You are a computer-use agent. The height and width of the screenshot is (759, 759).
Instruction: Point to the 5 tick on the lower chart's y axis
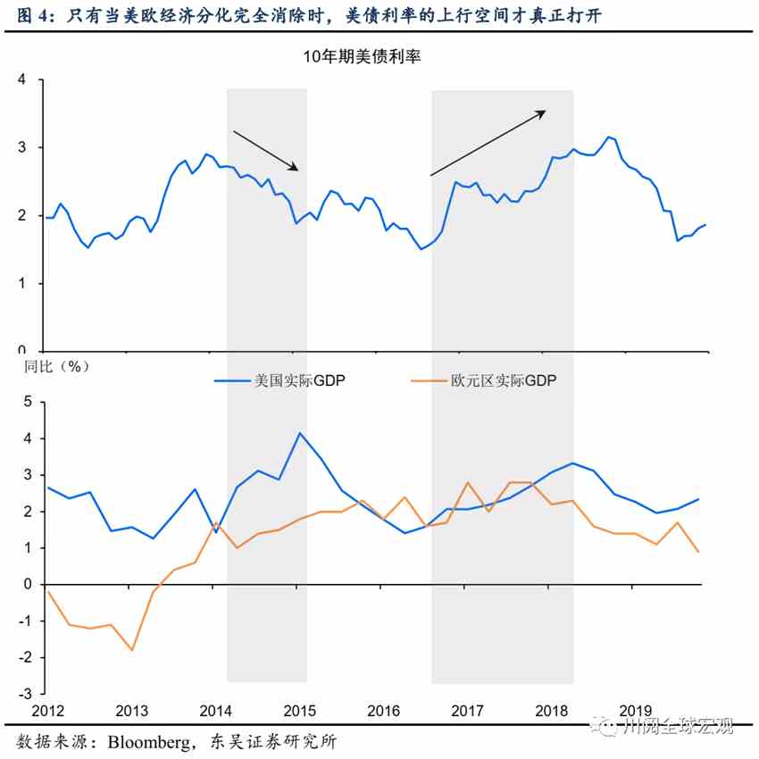(27, 402)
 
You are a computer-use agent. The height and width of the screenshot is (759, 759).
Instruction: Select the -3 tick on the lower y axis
(24, 694)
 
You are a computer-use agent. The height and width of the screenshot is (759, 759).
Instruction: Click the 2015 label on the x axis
(300, 711)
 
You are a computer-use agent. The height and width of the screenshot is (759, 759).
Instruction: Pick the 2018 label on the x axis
(552, 711)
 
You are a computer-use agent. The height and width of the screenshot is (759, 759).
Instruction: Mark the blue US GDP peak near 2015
(299, 433)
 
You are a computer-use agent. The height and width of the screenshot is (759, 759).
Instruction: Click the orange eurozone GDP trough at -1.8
(132, 650)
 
